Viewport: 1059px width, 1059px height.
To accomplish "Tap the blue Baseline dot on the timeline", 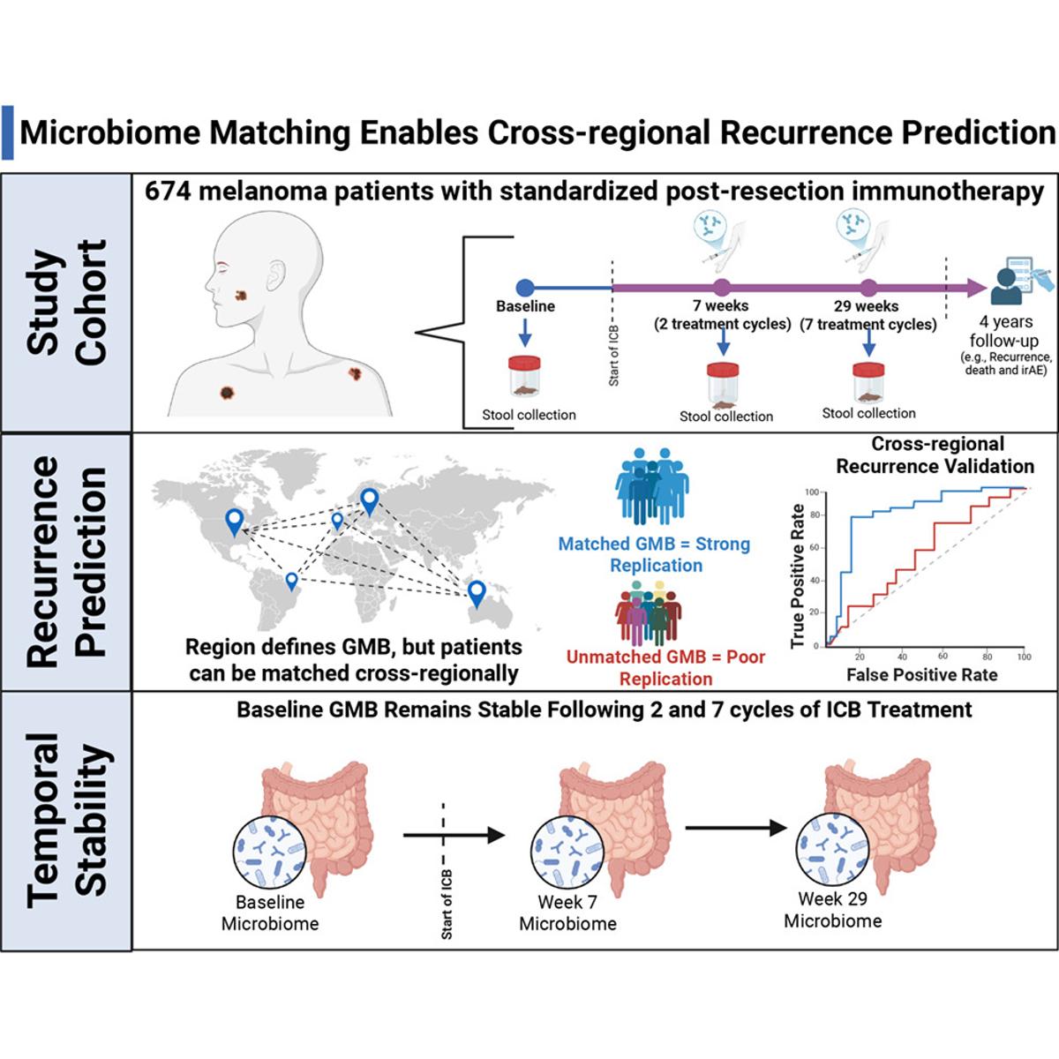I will click(524, 287).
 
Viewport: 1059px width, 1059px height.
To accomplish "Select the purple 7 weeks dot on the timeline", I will click(722, 287).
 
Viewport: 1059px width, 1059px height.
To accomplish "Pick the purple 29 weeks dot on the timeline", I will click(867, 287).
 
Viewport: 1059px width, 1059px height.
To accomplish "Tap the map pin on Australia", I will click(477, 592).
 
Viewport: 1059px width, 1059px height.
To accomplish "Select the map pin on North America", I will click(233, 521).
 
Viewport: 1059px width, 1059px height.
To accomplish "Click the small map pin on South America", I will click(291, 580).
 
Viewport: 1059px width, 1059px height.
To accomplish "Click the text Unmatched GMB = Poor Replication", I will click(665, 668).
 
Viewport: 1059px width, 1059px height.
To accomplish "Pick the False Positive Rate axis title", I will click(921, 675).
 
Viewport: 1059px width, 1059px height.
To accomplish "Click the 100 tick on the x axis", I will click(1024, 657).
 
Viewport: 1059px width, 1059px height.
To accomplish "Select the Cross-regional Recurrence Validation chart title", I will click(935, 454).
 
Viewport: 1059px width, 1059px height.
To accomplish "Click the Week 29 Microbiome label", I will click(832, 910).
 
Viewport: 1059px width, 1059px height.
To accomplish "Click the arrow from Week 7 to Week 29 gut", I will click(734, 828).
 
